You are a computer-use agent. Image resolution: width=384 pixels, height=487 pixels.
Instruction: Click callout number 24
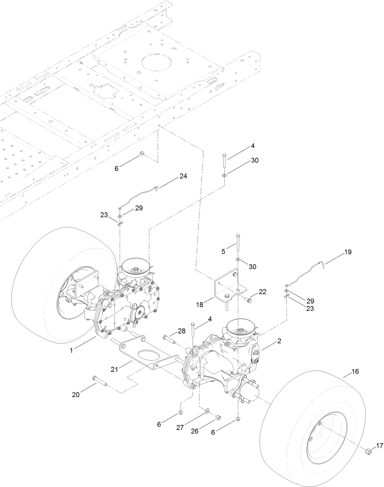pyautogui.click(x=183, y=176)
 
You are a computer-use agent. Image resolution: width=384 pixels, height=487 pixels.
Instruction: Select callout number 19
pyautogui.click(x=348, y=252)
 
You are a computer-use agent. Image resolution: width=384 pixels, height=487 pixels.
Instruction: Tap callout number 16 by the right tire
pyautogui.click(x=355, y=372)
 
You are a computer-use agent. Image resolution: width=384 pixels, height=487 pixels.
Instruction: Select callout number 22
pyautogui.click(x=263, y=292)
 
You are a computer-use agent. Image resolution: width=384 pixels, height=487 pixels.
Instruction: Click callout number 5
pyautogui.click(x=223, y=251)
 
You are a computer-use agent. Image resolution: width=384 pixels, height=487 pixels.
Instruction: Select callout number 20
pyautogui.click(x=76, y=395)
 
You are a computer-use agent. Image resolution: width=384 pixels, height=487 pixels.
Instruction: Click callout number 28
pyautogui.click(x=182, y=331)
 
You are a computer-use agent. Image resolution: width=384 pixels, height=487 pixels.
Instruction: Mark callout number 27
pyautogui.click(x=180, y=428)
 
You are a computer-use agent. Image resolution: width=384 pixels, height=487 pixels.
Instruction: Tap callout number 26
pyautogui.click(x=194, y=431)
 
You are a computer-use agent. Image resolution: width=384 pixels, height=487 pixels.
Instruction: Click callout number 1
pyautogui.click(x=71, y=350)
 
